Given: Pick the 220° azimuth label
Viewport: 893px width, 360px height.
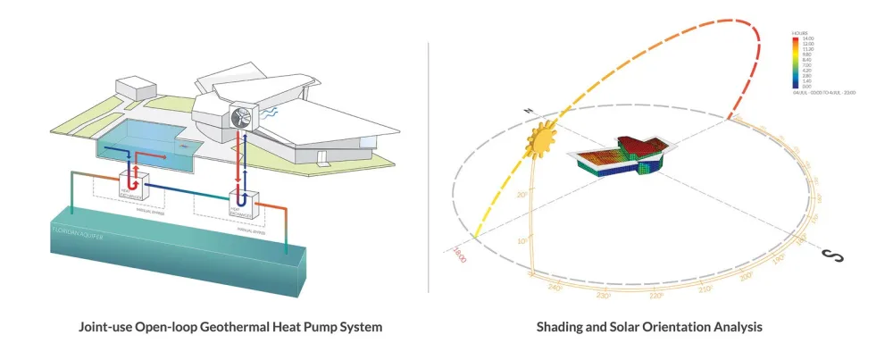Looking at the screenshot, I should [x=656, y=296].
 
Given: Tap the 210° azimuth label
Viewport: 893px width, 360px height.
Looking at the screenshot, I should [x=705, y=288].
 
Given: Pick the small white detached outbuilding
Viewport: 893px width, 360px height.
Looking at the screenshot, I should [x=138, y=88].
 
